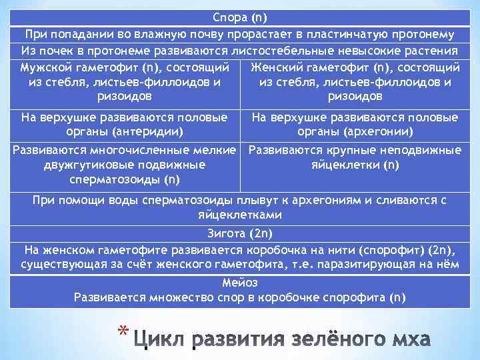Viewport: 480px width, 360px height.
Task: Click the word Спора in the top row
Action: tap(229, 17)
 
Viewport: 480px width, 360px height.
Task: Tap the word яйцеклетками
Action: tap(240, 215)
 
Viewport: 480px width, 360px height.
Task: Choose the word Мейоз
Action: tap(240, 282)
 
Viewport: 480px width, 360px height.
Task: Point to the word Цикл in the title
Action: tap(160, 340)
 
